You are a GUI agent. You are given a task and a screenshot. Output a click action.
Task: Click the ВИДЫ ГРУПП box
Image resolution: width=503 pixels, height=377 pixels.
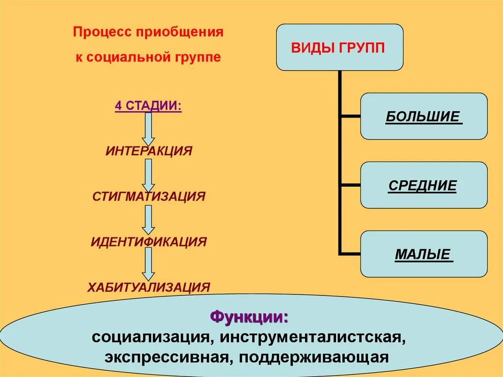coord(339,47)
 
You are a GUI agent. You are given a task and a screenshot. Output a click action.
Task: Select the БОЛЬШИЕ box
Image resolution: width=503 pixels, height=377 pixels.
coord(424,116)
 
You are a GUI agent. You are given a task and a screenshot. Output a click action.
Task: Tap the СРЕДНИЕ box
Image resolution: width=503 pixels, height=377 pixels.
coord(424,185)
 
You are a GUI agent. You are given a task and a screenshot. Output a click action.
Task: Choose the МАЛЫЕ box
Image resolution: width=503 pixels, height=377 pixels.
coord(424,254)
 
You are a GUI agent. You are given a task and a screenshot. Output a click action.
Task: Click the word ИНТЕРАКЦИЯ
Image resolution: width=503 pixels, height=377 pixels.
coord(148,151)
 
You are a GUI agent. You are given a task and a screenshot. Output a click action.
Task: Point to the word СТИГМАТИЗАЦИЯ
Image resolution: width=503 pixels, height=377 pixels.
coord(148,197)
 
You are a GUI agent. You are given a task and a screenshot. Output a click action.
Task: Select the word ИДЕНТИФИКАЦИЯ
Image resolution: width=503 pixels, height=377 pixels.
coord(148,242)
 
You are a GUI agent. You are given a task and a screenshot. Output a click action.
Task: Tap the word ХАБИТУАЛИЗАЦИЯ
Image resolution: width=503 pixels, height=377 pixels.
coord(148,287)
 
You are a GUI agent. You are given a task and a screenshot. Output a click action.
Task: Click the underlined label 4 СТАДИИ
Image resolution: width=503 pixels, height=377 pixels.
coord(148,107)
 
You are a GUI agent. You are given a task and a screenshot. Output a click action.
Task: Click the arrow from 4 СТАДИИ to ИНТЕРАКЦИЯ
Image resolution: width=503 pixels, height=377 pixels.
coord(148,128)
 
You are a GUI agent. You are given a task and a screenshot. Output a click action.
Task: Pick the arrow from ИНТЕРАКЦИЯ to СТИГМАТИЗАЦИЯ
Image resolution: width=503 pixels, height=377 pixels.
coord(148,174)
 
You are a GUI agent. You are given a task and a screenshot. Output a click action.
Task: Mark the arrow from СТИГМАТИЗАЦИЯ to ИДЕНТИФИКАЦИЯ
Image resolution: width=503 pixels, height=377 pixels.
coord(148,219)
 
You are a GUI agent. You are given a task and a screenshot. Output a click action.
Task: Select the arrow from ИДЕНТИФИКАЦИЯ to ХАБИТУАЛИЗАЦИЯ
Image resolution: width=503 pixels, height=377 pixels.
coord(148,264)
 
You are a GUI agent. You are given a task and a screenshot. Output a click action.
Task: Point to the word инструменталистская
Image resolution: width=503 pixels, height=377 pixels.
coord(312,338)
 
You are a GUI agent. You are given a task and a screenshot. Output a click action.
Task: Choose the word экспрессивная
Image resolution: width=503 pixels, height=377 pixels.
coord(167,357)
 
